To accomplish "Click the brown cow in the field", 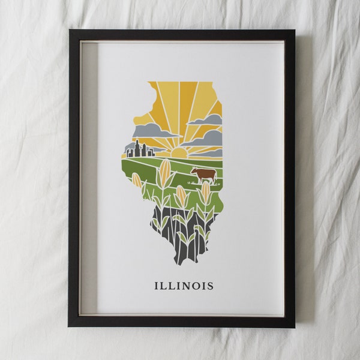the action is [x=205, y=175].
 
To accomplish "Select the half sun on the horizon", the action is [x=179, y=153].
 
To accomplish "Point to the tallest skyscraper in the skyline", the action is [x=137, y=148].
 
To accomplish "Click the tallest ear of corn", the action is [x=164, y=172].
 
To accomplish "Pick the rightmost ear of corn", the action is [x=205, y=191].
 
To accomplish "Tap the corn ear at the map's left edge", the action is [x=137, y=180].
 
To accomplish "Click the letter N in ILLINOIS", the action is [x=182, y=286].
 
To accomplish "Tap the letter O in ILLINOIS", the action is [x=193, y=286].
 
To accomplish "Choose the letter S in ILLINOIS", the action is [x=209, y=286].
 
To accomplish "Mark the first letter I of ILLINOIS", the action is [x=157, y=286].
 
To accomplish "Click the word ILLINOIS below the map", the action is [x=184, y=286].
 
